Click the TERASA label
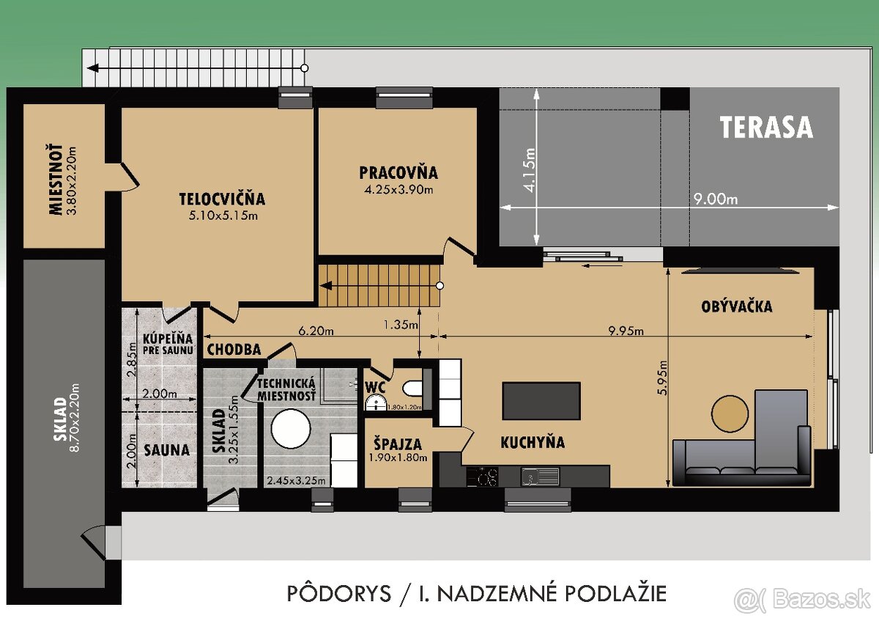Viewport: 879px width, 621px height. [x=765, y=128]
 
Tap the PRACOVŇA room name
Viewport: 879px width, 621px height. [x=398, y=173]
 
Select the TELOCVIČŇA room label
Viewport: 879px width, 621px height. [x=222, y=199]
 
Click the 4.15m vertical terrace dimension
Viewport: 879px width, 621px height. [x=530, y=169]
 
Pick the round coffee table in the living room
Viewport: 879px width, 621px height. [x=730, y=413]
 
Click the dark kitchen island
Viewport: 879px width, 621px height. [x=541, y=400]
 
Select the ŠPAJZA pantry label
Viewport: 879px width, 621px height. [x=396, y=444]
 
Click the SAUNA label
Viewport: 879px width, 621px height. [x=166, y=450]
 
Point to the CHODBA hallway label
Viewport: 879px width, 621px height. [x=234, y=350]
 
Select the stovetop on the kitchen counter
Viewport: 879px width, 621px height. [x=483, y=477]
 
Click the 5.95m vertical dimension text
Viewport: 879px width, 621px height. [x=663, y=378]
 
